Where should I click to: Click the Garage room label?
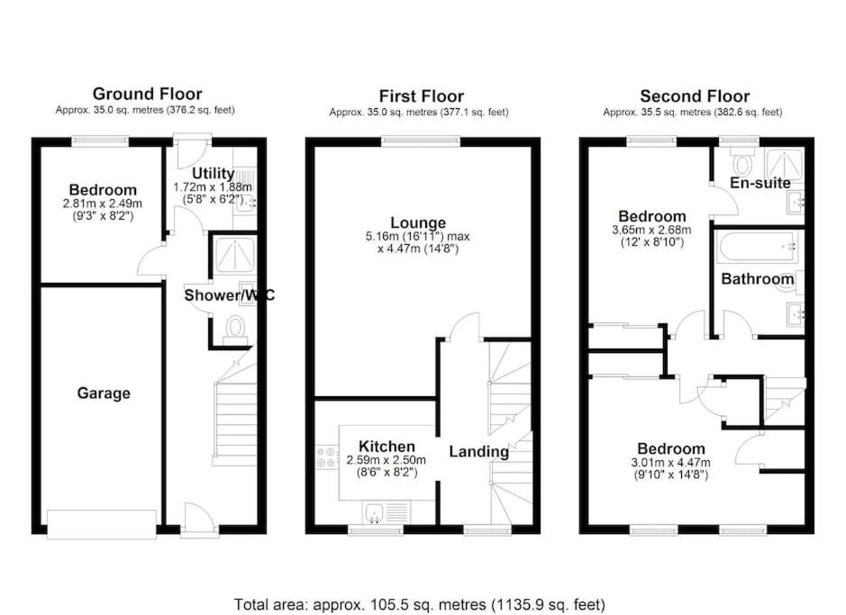tap(104, 393)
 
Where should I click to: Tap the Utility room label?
tap(214, 174)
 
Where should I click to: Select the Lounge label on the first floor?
tap(418, 222)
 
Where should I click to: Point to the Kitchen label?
tap(387, 447)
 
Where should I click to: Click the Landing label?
tap(479, 452)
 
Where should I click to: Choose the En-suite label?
tap(760, 183)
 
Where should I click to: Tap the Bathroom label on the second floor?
tap(758, 278)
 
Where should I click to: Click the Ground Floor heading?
tap(147, 94)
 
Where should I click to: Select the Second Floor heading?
tap(695, 96)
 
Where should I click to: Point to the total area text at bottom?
tap(420, 604)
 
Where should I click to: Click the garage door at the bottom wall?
tap(102, 524)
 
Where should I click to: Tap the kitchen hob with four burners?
tap(327, 457)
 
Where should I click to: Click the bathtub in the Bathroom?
tap(759, 247)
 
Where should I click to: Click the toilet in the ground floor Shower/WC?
tap(235, 330)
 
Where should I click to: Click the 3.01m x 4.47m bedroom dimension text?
tap(670, 463)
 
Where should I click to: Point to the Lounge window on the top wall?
tap(422, 141)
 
